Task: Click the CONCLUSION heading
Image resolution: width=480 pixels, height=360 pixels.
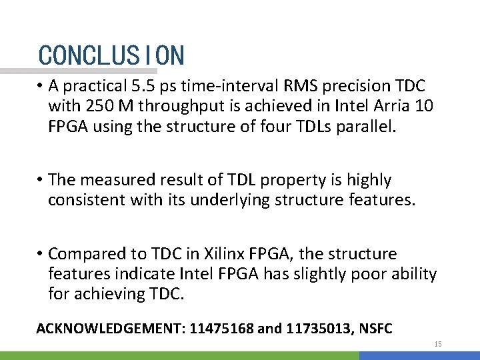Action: (111, 55)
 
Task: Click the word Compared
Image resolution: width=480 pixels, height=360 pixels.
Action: (85, 254)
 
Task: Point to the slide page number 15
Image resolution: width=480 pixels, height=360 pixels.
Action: (438, 344)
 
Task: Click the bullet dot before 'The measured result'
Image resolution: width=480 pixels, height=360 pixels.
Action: (41, 180)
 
